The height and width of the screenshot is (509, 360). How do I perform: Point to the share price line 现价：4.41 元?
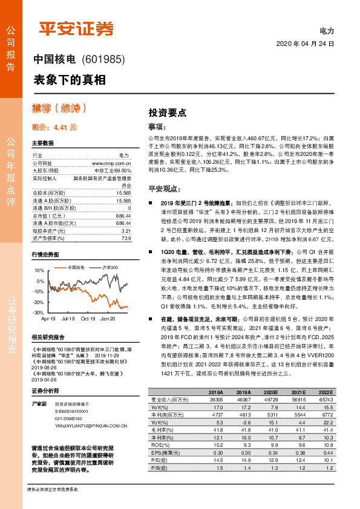click(x=54, y=128)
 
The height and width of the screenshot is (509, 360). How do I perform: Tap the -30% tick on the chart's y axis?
click(x=39, y=313)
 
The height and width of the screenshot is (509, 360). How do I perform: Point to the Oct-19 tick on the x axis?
click(x=88, y=317)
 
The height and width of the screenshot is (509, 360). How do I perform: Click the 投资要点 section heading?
click(x=167, y=113)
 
